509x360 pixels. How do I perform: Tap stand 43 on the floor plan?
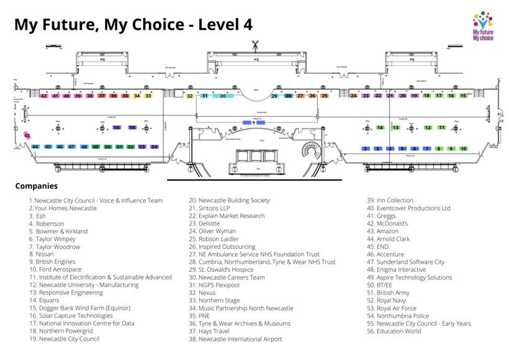27,135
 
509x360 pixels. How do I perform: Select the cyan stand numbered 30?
222,96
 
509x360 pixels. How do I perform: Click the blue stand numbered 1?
253,123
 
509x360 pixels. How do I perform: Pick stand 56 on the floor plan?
117,127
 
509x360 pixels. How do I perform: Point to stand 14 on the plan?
381,128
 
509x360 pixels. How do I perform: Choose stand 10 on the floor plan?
463,148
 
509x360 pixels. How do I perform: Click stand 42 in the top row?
43,96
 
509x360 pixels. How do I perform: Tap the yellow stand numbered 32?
189,96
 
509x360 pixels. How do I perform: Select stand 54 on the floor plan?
154,146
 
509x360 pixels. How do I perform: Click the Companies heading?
36,186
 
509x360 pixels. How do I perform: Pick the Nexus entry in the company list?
202,292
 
